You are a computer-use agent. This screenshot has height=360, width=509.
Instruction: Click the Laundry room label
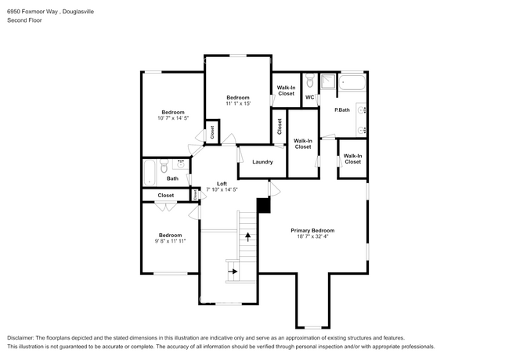pyautogui.click(x=262, y=162)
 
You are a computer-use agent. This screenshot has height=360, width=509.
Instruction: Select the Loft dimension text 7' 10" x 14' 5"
pyautogui.click(x=222, y=189)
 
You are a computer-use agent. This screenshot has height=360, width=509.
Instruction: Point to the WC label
pyautogui.click(x=309, y=98)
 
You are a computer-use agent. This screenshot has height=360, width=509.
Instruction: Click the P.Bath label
pyautogui.click(x=342, y=110)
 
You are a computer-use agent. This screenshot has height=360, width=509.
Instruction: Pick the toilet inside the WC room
pyautogui.click(x=310, y=81)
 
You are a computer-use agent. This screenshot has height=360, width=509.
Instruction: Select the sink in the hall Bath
pyautogui.click(x=181, y=165)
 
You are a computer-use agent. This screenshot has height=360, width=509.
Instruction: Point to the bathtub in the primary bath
pyautogui.click(x=354, y=83)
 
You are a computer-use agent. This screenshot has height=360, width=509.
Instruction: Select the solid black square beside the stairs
pyautogui.click(x=263, y=205)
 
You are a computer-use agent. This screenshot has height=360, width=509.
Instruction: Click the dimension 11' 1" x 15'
pyautogui.click(x=237, y=104)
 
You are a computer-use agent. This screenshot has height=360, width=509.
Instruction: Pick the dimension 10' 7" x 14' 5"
pyautogui.click(x=173, y=119)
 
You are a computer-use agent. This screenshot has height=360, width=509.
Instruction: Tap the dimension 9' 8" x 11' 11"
pyautogui.click(x=170, y=242)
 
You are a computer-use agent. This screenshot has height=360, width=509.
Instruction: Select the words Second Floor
pyautogui.click(x=25, y=20)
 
